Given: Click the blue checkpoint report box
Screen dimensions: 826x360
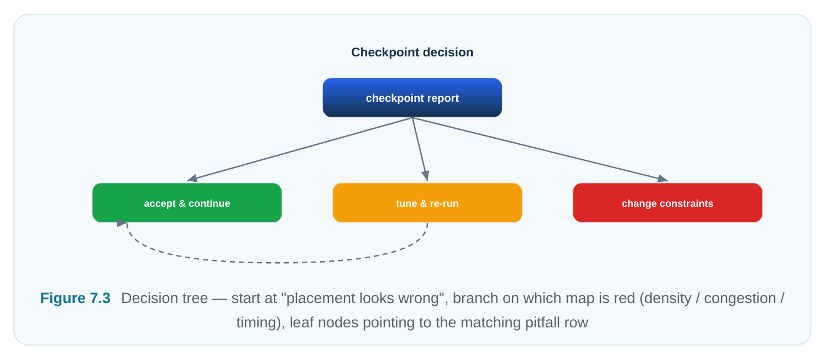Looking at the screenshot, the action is point(412,98).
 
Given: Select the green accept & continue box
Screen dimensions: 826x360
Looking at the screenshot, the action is point(187,203).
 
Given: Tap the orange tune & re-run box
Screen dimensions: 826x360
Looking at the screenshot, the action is point(427,203).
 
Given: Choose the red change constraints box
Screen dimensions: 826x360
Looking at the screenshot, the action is point(667,203).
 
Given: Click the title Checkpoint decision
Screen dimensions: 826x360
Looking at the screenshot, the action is point(412,53).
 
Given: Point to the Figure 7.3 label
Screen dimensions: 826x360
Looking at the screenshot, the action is point(75,298).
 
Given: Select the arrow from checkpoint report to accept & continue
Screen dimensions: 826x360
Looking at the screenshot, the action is point(300,149).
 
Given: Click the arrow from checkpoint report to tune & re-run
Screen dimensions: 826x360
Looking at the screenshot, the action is point(420,149).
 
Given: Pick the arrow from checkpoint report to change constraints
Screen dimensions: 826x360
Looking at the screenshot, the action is point(540,149).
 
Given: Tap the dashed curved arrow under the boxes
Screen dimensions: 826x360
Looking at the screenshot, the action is point(276,263).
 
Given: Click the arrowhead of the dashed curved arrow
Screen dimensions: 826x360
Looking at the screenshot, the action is point(122,223).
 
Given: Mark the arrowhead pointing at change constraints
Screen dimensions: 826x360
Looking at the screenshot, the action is point(663,179).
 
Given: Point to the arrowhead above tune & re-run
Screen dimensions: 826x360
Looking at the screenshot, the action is point(426,176).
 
